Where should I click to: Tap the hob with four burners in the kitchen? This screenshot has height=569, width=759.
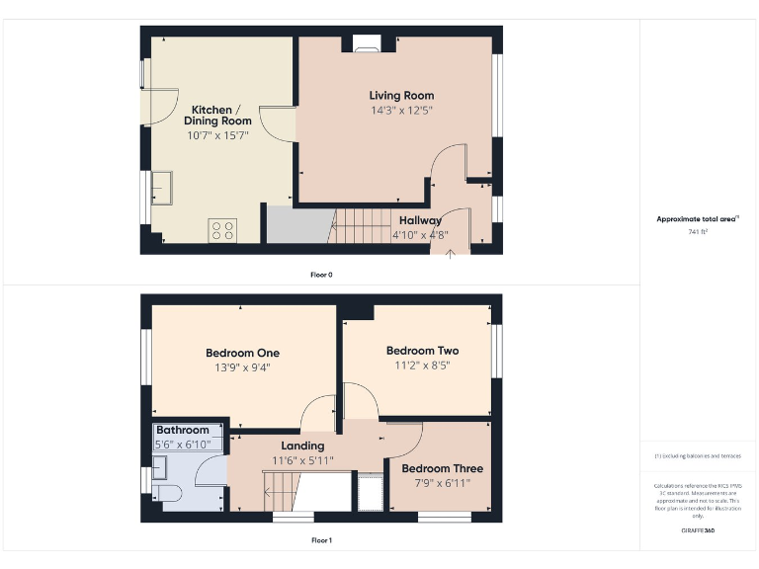tap(222, 230)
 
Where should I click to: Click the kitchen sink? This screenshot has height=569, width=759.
tap(162, 188)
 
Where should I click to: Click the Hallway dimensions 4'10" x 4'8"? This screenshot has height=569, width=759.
tap(419, 235)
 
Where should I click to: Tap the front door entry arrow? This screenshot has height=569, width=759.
tap(451, 253)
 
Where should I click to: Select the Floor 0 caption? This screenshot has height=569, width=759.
tap(321, 275)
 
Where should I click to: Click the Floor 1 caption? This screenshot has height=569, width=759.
tap(321, 540)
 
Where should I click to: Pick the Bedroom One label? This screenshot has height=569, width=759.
tap(242, 353)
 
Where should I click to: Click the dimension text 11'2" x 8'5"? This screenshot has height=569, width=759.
tap(422, 365)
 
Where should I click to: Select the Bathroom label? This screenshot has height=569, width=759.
tap(183, 431)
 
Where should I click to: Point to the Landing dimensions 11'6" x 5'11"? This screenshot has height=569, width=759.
tap(302, 460)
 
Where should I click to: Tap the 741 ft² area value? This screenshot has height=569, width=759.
tap(699, 231)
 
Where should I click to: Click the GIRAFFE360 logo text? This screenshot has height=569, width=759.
tap(699, 531)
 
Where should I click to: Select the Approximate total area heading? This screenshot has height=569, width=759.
tap(697, 218)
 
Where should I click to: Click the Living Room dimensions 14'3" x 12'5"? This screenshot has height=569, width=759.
tap(401, 110)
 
